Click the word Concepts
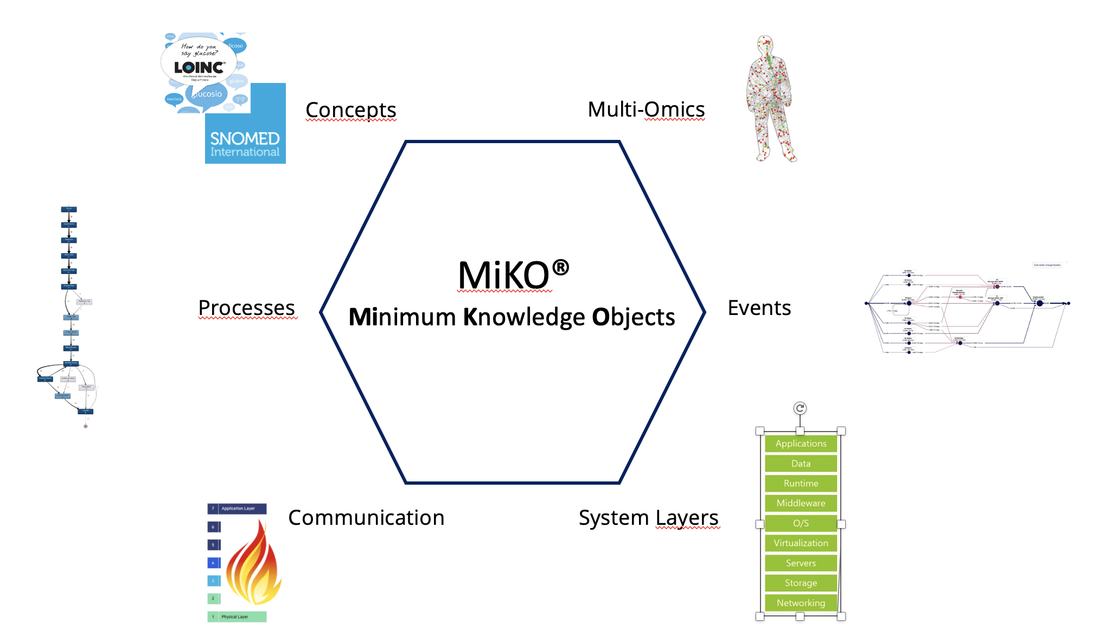(351, 110)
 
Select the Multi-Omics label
(646, 110)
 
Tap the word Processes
(247, 308)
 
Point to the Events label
(759, 308)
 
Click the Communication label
(366, 518)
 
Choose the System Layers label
(648, 518)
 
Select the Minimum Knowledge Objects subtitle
(512, 317)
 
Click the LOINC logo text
(199, 68)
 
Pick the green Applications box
(801, 443)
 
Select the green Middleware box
(801, 503)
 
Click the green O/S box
(801, 523)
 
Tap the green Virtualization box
(801, 543)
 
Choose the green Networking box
(801, 603)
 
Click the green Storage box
(801, 583)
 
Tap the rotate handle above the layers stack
(800, 408)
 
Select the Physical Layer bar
(237, 616)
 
